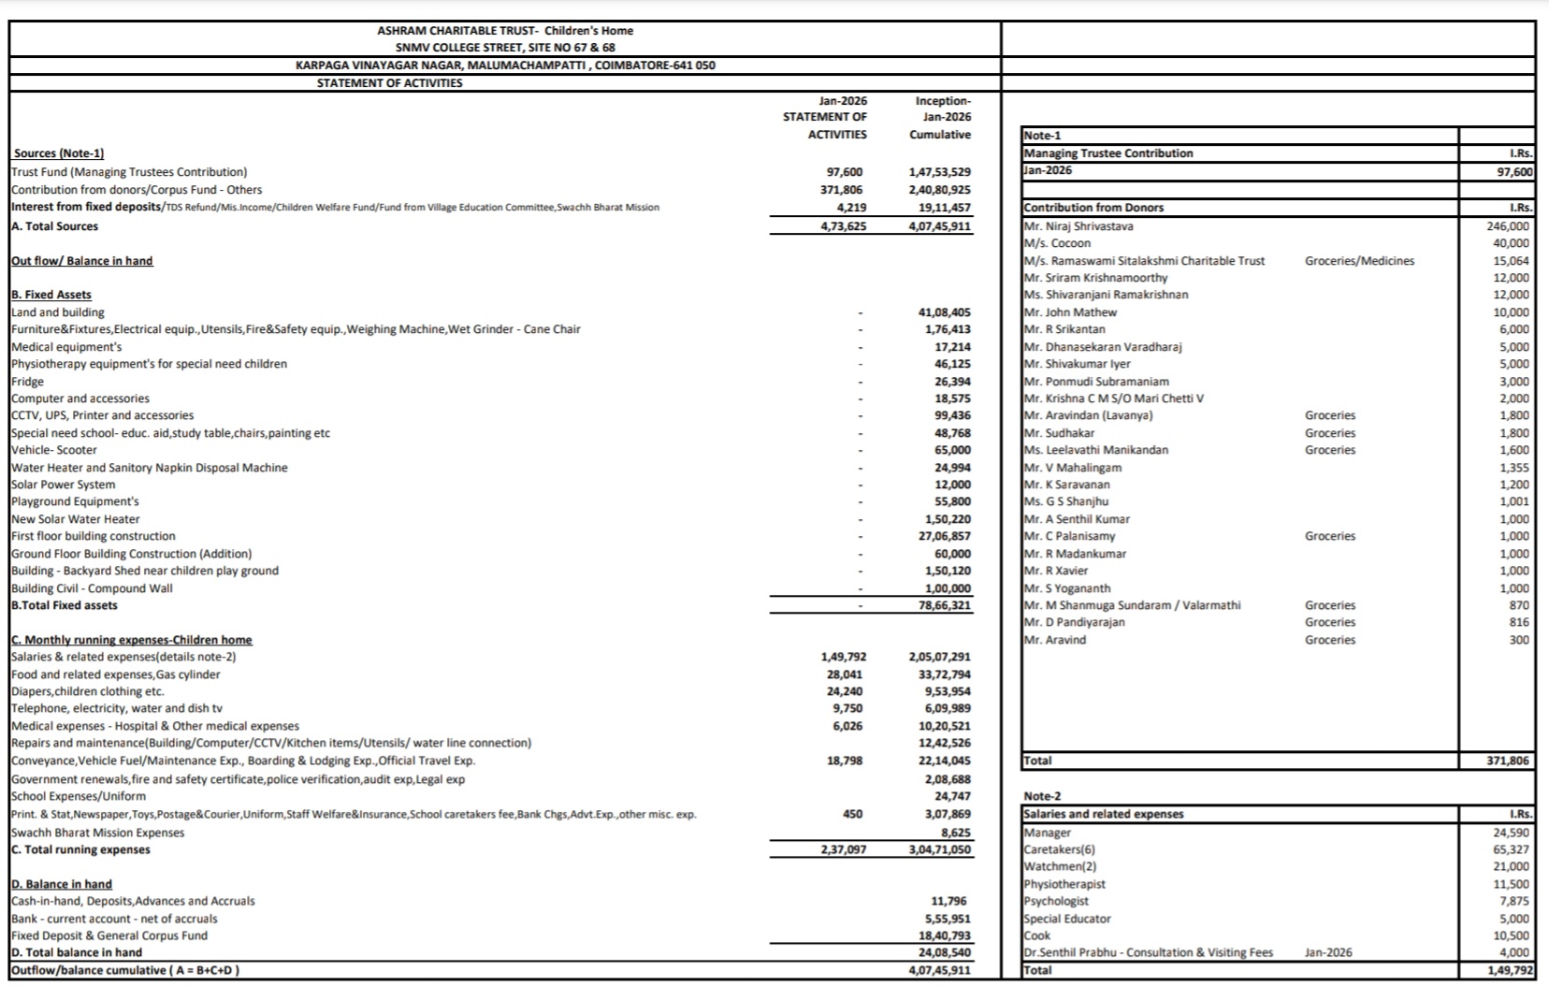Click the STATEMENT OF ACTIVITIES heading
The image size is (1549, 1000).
tap(389, 83)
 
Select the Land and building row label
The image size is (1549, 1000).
tap(58, 312)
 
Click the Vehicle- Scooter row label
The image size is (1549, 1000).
tap(54, 450)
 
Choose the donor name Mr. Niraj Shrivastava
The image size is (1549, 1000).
tap(1079, 226)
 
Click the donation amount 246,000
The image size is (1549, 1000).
tap(1508, 226)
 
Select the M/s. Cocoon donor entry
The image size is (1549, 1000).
tap(1057, 243)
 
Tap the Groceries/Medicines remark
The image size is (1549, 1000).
tap(1359, 261)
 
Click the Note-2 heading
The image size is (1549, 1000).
tap(1043, 797)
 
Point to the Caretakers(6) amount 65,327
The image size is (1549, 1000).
tap(1511, 849)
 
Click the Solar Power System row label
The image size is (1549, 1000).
tap(64, 485)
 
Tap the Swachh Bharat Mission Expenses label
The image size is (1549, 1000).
tap(98, 833)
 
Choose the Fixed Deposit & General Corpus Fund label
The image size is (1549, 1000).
tap(109, 935)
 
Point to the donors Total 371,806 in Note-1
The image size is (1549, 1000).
tap(1508, 761)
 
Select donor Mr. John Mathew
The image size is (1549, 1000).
tap(1070, 312)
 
